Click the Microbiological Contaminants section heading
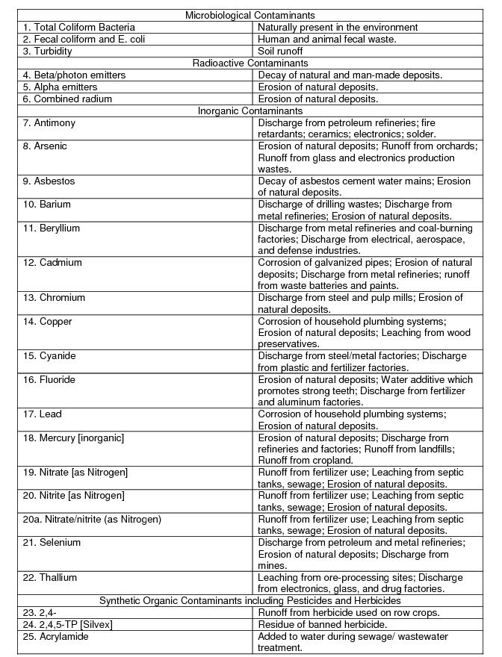click(250, 15)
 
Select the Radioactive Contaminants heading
click(250, 63)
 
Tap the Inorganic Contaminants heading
click(250, 110)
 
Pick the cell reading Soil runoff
click(281, 51)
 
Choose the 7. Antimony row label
click(49, 122)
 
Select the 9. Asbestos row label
click(49, 181)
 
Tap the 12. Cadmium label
click(52, 262)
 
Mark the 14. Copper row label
click(48, 321)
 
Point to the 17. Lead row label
click(43, 414)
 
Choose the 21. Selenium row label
click(52, 542)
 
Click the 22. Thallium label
click(50, 577)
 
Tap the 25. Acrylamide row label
click(56, 636)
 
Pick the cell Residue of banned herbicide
click(323, 624)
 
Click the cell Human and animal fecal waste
click(327, 39)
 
